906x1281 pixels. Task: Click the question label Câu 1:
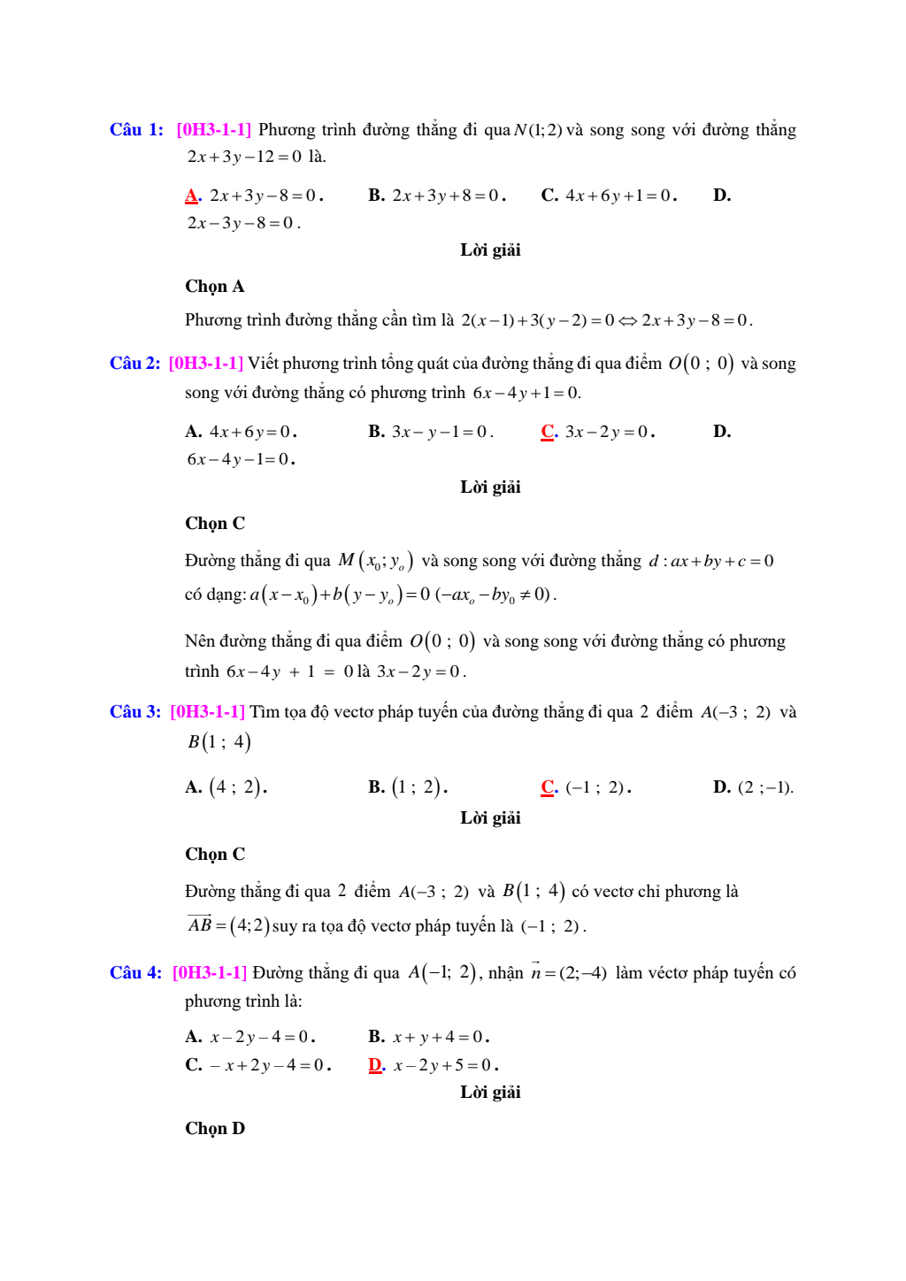point(136,130)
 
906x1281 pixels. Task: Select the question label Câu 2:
point(134,364)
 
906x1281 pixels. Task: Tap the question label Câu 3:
point(135,712)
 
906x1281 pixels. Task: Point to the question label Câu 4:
point(135,973)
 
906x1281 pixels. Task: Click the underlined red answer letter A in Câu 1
point(192,196)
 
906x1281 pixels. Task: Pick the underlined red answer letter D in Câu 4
point(376,1065)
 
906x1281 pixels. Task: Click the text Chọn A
point(214,287)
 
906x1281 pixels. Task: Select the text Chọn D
point(214,1129)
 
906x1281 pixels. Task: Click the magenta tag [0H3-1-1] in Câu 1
point(214,130)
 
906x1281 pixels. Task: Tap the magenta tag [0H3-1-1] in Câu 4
point(210,973)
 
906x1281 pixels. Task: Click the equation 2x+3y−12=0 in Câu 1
point(244,157)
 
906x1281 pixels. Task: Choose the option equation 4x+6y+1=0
point(620,196)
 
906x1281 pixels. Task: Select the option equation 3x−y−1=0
point(441,432)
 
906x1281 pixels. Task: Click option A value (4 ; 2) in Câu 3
point(237,787)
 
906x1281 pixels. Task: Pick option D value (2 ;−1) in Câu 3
point(765,787)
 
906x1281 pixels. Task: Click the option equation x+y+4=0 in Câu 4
point(440,1037)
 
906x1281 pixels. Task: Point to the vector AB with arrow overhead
point(200,924)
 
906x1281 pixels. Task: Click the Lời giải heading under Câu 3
point(490,818)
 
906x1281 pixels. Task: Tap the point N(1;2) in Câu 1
point(538,130)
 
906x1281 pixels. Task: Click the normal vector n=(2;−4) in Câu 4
point(568,973)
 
